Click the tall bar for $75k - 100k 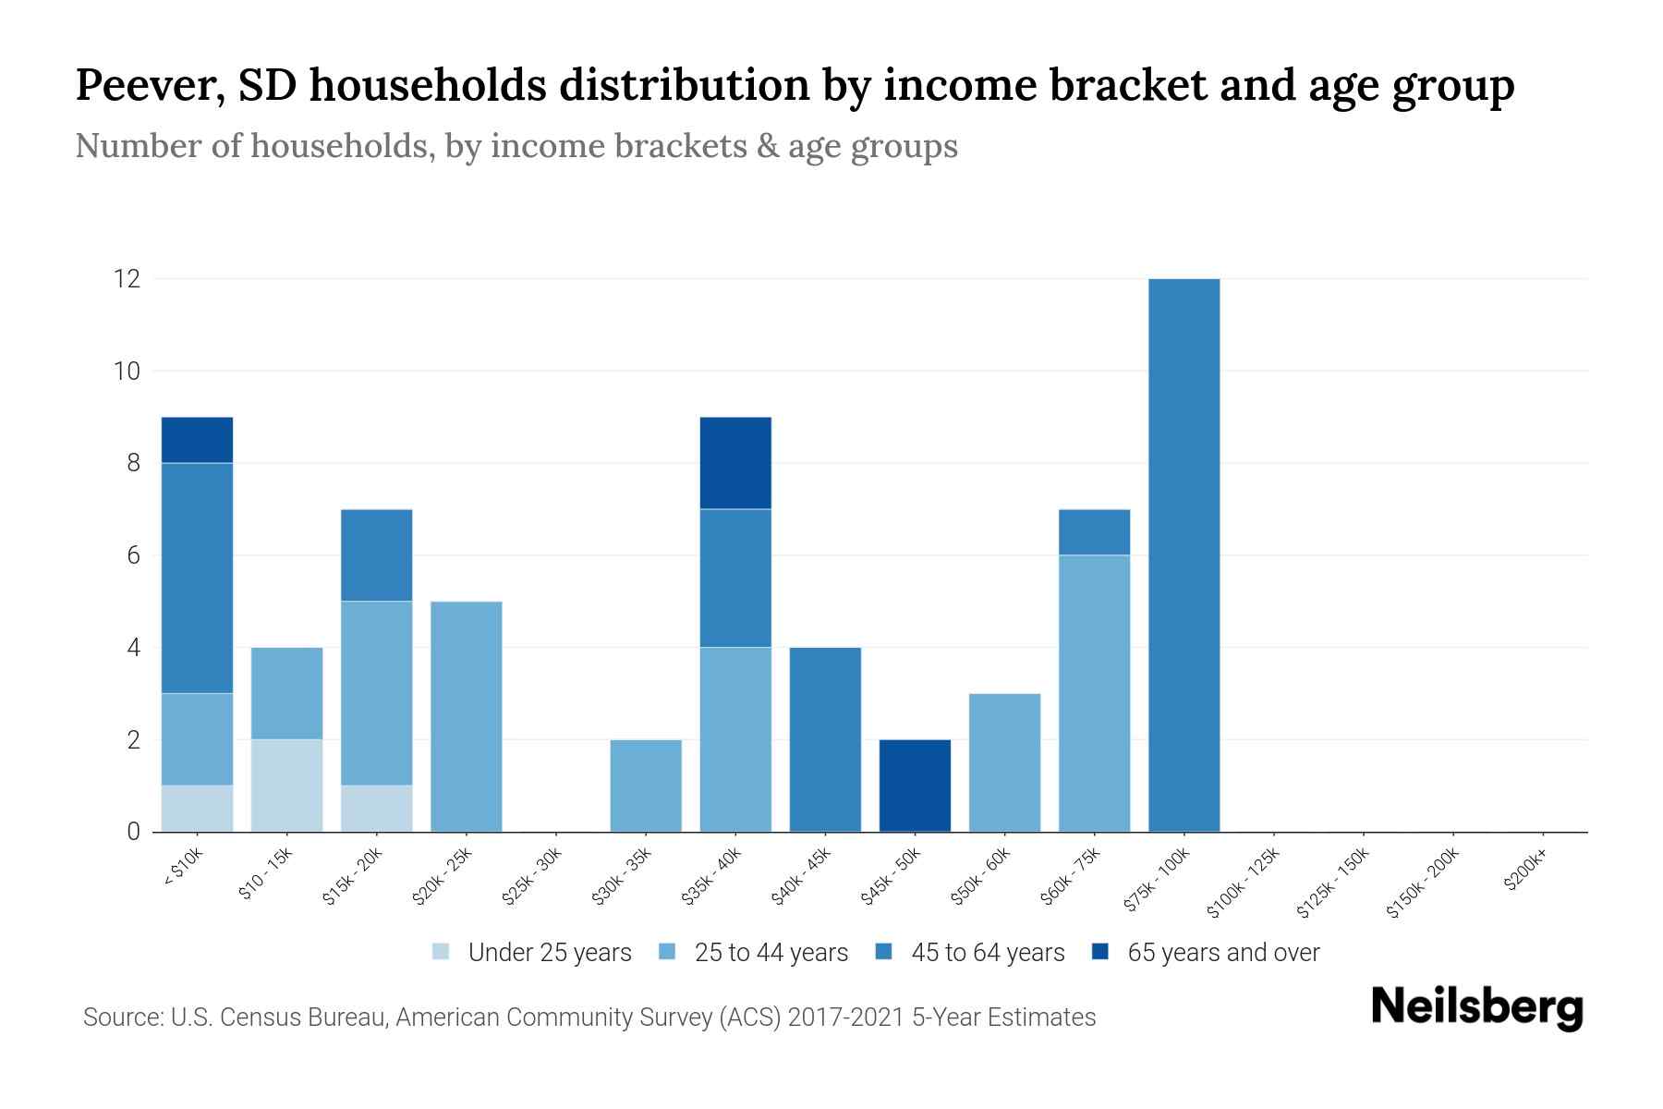coord(1184,554)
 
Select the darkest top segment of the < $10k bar coord(197,440)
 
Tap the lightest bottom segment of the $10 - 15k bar coord(287,786)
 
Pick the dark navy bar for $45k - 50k coord(915,786)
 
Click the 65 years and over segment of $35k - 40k coord(735,463)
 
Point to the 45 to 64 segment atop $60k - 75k coord(1094,532)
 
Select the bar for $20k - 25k coord(467,716)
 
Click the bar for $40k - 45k coord(825,739)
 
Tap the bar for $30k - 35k coord(646,786)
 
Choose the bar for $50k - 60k coord(1004,762)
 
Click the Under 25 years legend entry coord(532,953)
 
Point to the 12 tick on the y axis coord(127,278)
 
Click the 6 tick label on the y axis coord(133,555)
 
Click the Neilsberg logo coord(1476,1007)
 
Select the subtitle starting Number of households coord(516,146)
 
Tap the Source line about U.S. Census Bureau coord(589,1018)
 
